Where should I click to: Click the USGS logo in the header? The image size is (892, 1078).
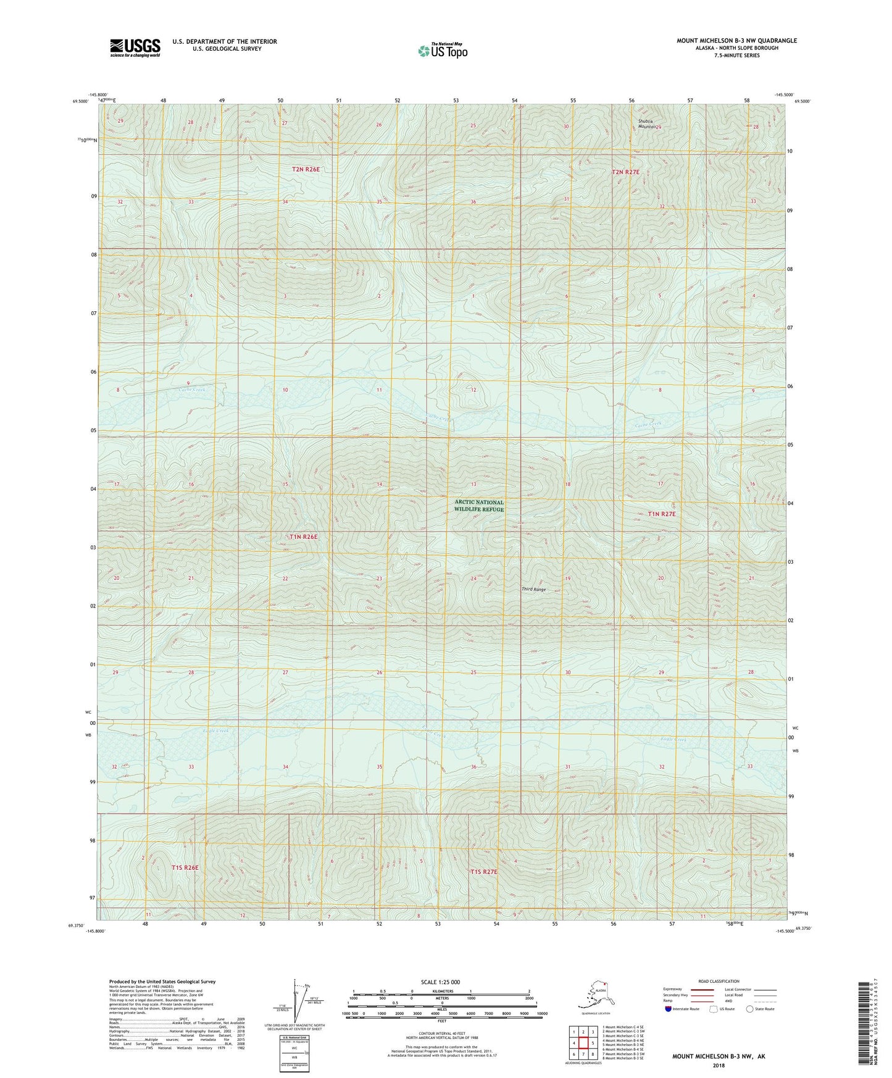click(x=135, y=48)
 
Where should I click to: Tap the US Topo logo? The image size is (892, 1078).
click(x=442, y=51)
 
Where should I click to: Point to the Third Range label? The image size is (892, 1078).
click(x=534, y=589)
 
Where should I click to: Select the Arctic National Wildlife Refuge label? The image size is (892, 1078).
click(x=479, y=506)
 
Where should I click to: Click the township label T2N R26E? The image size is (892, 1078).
click(x=306, y=169)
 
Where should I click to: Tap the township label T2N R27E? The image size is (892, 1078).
click(x=625, y=172)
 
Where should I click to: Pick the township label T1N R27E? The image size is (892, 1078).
click(x=662, y=514)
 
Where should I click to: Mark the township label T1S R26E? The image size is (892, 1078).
click(x=185, y=867)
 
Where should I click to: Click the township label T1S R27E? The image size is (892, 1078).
click(x=484, y=872)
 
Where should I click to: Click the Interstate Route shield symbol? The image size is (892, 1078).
click(x=669, y=1009)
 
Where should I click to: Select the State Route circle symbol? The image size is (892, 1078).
click(x=750, y=1009)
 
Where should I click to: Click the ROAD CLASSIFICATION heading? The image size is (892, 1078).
click(x=719, y=981)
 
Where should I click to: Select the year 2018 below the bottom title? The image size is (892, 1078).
click(x=718, y=1066)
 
